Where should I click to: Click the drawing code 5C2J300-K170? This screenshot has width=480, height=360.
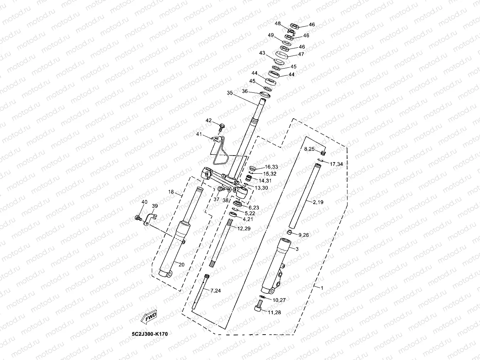click(x=149, y=333)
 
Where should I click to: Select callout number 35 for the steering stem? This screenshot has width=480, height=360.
click(x=230, y=93)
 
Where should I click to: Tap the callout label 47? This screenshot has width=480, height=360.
click(x=301, y=54)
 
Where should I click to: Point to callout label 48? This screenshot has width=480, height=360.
click(x=278, y=23)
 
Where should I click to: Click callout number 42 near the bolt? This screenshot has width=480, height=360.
click(x=209, y=121)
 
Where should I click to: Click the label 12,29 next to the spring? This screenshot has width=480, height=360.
click(x=244, y=229)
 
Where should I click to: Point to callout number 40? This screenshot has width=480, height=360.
click(x=144, y=202)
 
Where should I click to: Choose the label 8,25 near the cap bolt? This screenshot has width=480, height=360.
click(x=310, y=149)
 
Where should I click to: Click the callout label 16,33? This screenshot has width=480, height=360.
click(x=271, y=167)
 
